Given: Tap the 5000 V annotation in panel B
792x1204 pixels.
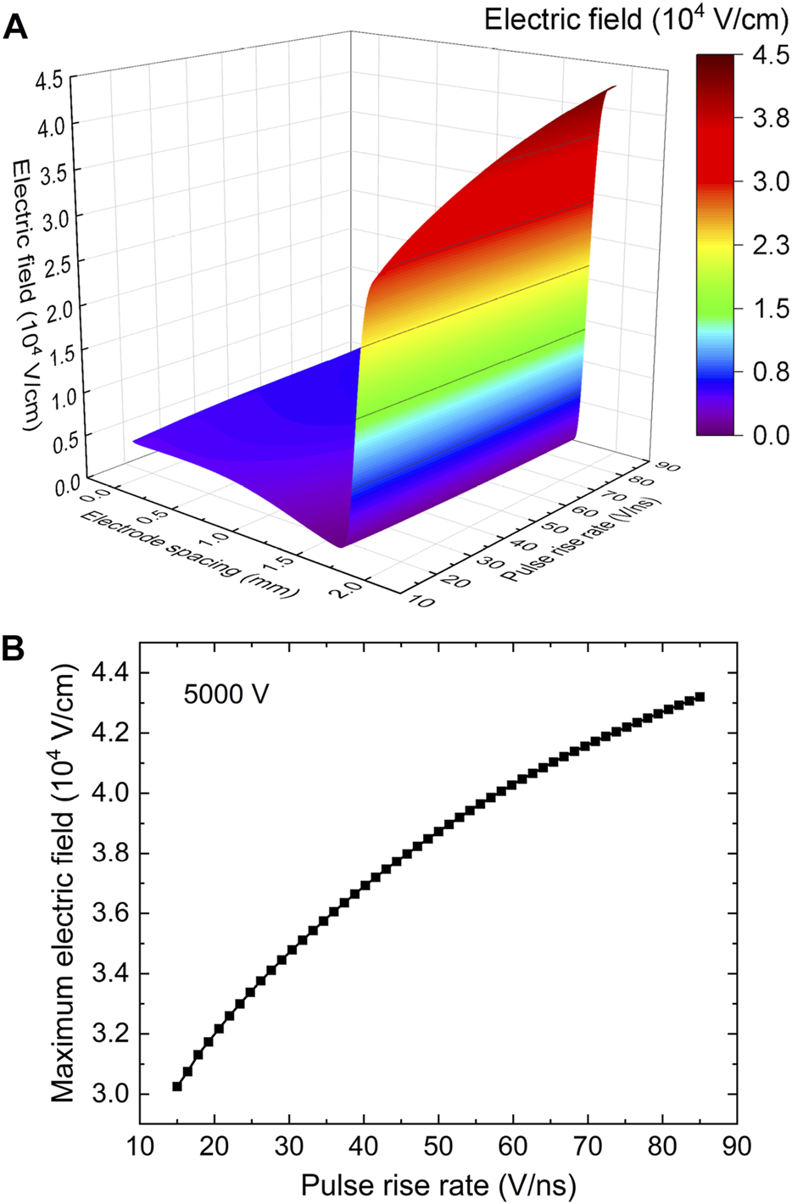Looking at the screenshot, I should tap(226, 694).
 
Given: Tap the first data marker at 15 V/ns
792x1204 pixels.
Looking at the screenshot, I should tap(177, 1086).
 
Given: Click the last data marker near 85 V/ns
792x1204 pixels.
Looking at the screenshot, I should tap(700, 697).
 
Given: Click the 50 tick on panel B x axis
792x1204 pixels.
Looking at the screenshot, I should tap(438, 1146).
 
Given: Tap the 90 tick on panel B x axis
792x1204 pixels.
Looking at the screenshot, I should tap(737, 1146).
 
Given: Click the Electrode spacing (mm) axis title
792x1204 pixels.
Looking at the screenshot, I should tap(190, 555).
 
